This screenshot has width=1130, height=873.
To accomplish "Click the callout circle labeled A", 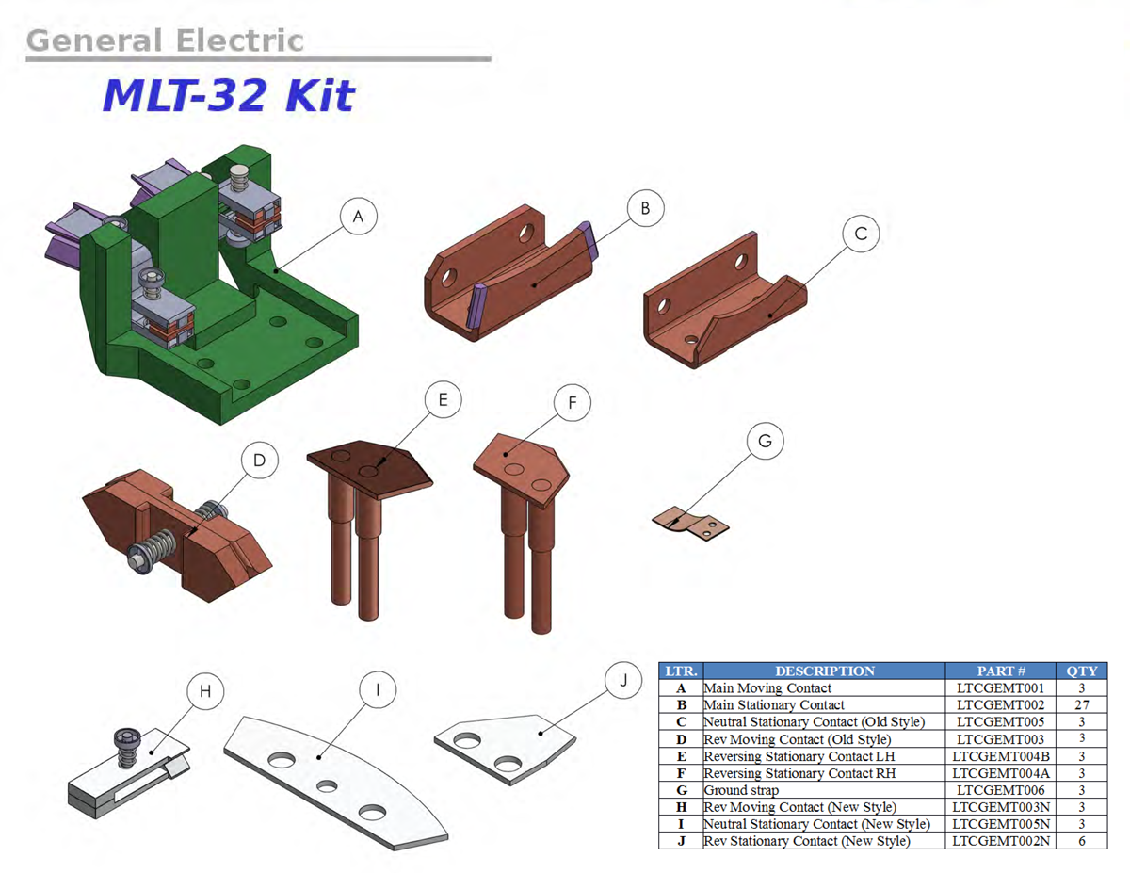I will pyautogui.click(x=358, y=218).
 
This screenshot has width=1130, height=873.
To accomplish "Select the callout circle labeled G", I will pyautogui.click(x=766, y=441).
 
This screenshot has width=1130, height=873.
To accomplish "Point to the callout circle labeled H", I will pyautogui.click(x=206, y=692).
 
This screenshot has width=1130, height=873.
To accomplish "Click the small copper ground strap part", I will pyautogui.click(x=691, y=522).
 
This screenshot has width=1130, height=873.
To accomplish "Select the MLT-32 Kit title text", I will pyautogui.click(x=228, y=95).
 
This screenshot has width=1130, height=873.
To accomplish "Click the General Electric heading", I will pyautogui.click(x=165, y=40).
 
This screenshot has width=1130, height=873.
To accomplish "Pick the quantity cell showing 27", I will pyautogui.click(x=1082, y=704).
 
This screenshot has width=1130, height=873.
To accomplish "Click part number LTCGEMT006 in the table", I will pyautogui.click(x=1000, y=790).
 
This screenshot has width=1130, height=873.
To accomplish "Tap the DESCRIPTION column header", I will pyautogui.click(x=824, y=671).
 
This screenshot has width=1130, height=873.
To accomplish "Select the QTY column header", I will pyautogui.click(x=1082, y=671).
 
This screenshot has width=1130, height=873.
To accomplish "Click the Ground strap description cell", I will pyautogui.click(x=742, y=790).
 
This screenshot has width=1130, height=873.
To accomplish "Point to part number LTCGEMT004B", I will pyautogui.click(x=1000, y=756).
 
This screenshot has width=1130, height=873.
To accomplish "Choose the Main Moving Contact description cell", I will pyautogui.click(x=767, y=687).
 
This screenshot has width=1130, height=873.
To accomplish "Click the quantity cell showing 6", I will pyautogui.click(x=1082, y=841).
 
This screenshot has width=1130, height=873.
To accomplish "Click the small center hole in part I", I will pyautogui.click(x=327, y=784).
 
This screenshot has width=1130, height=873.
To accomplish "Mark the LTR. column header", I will pyautogui.click(x=681, y=671).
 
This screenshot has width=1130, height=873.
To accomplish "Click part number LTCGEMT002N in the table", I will pyautogui.click(x=1000, y=841).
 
